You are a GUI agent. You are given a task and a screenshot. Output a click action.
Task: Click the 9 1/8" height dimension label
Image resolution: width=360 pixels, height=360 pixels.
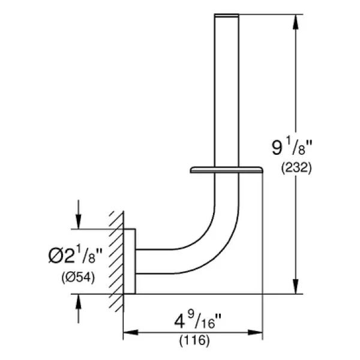click(292, 148)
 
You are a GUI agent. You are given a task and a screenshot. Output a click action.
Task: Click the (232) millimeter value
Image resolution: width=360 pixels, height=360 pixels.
click(296, 168)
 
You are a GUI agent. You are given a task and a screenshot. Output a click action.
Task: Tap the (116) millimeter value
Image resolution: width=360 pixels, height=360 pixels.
click(194, 340)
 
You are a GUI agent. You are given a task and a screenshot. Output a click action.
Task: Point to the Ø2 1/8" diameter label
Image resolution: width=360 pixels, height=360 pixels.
click(76, 254)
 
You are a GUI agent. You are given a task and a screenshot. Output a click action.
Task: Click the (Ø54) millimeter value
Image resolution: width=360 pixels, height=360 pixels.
click(78, 278)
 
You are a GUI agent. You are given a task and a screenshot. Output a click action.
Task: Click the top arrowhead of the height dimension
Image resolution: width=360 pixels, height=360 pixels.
click(296, 22)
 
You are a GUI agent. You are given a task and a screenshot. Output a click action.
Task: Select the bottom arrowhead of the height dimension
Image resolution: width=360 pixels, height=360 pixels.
click(296, 286)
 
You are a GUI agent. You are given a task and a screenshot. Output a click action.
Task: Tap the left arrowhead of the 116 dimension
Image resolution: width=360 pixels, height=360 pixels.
click(131, 332)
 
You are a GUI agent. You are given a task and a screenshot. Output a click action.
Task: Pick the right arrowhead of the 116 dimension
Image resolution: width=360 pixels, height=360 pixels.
click(255, 332)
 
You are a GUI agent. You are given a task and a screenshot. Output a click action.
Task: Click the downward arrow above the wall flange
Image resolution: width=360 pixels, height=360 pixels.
click(79, 214)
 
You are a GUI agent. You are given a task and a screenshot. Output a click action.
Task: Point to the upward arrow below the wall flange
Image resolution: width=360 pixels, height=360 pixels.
click(79, 308)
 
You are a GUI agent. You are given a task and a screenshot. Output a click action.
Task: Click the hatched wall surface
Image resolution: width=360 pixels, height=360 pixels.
click(116, 262)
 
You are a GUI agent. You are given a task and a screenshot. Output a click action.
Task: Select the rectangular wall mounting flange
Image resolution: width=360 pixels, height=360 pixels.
click(130, 261)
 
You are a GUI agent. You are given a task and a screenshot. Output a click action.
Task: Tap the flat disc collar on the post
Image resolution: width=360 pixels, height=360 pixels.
click(226, 170)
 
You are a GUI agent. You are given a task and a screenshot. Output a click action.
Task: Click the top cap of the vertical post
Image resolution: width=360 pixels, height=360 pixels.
click(226, 15)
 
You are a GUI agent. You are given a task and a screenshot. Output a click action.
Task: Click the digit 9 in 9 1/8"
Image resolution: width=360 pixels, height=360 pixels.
click(277, 148)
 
